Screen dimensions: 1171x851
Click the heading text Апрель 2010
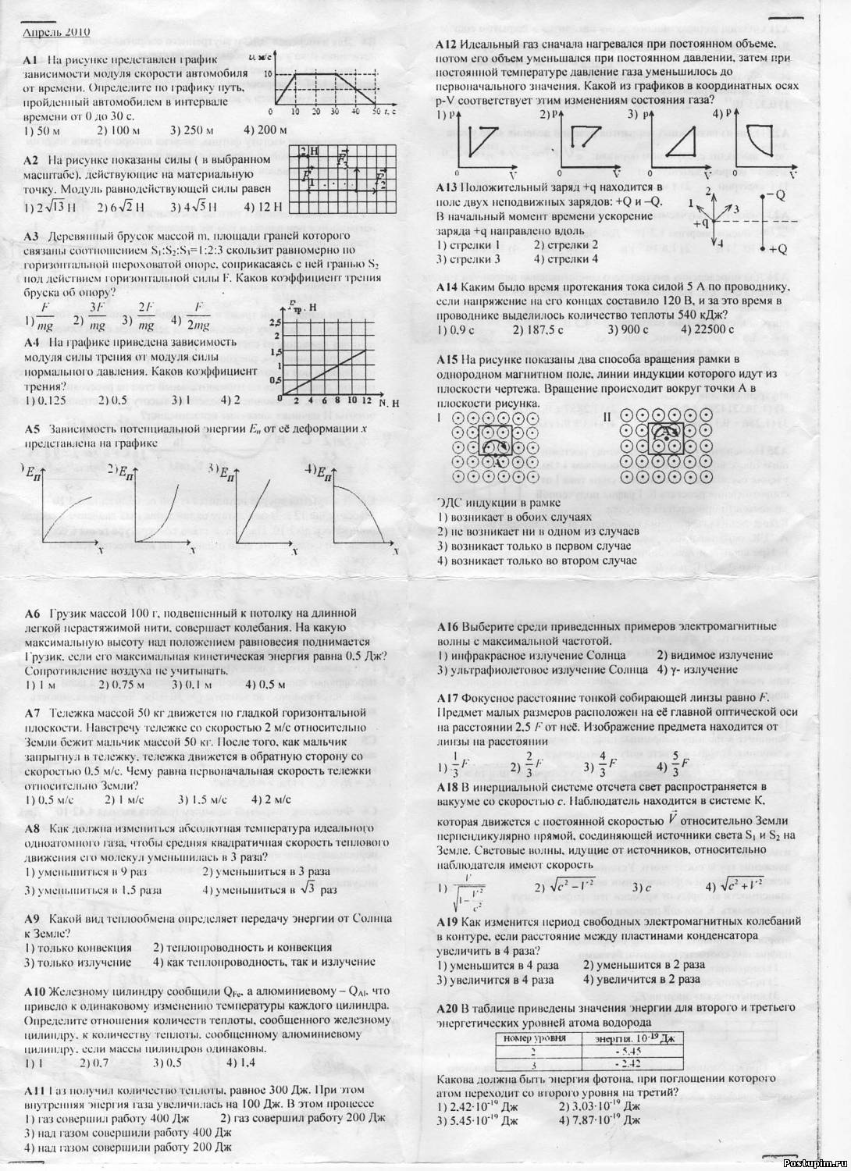pyautogui.click(x=57, y=33)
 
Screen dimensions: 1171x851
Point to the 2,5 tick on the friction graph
pyautogui.click(x=273, y=322)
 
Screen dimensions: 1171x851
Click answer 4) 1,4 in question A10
pyautogui.click(x=242, y=1062)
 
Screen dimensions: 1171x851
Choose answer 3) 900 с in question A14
pyautogui.click(x=628, y=329)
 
